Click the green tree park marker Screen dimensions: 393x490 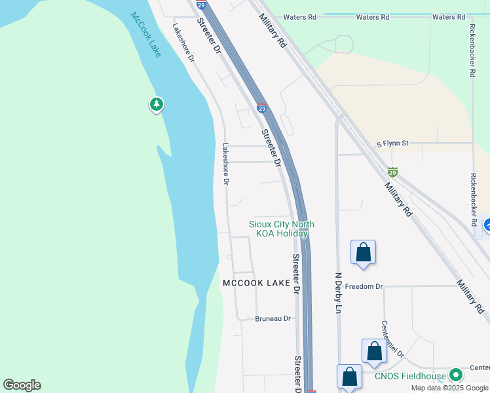click(156, 104)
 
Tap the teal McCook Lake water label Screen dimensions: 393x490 click(146, 34)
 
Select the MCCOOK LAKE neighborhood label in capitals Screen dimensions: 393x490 click(256, 283)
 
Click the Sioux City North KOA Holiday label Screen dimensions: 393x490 click(282, 229)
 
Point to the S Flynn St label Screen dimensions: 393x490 click(392, 143)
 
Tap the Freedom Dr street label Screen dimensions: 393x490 click(364, 286)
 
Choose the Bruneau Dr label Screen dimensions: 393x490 click(273, 318)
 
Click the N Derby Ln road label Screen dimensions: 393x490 click(339, 293)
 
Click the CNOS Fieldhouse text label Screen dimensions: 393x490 click(410, 376)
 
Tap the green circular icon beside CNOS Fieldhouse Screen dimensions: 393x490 click(456, 375)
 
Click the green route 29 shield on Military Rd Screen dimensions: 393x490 click(392, 172)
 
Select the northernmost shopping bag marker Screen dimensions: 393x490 click(363, 253)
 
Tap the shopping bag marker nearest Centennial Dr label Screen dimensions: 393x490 click(374, 352)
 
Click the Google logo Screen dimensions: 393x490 click(22, 385)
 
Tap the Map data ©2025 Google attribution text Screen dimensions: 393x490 click(449, 388)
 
